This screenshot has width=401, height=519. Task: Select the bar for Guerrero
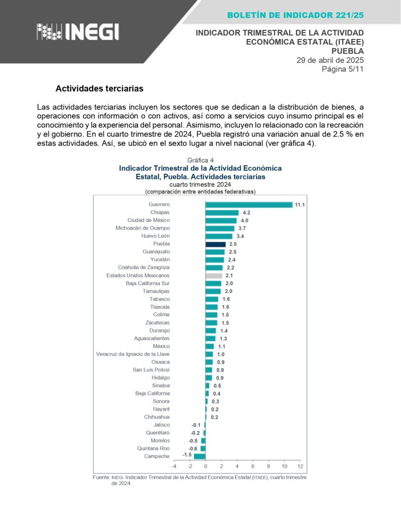point(249,205)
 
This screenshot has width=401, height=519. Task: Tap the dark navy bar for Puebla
point(215,244)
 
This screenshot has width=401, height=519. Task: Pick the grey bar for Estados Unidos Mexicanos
point(213,276)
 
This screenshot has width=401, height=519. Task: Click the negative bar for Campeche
point(200,456)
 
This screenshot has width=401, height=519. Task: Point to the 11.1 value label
point(300,205)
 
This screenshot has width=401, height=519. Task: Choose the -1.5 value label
point(187,455)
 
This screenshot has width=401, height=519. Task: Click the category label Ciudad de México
point(149,220)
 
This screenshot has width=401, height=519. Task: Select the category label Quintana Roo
point(153,449)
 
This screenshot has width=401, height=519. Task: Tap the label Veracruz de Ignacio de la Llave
point(133,354)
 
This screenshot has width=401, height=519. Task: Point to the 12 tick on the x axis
point(300,466)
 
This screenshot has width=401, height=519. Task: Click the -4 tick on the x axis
point(174,466)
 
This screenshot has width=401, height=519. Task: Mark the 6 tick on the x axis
point(252,466)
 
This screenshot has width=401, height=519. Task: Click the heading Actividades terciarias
point(99,89)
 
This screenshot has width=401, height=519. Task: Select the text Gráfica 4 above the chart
point(200,160)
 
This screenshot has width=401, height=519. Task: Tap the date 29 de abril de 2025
point(330,60)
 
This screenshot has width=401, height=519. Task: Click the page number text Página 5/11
point(343,69)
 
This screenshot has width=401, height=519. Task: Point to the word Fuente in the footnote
point(101,477)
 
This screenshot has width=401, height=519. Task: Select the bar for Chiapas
point(222,213)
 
